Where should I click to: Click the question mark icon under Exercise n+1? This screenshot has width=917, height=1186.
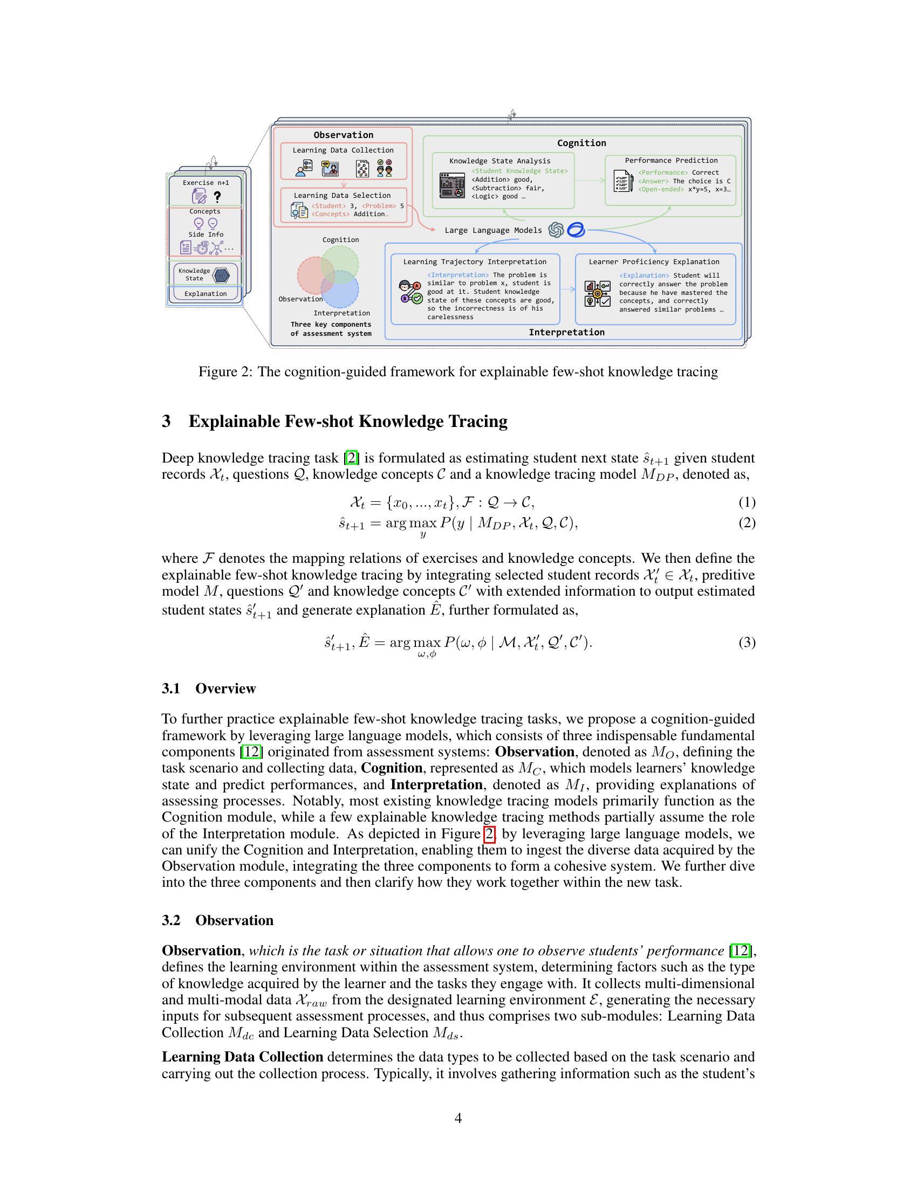coord(217,197)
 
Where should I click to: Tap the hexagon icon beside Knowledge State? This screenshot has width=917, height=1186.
coord(221,275)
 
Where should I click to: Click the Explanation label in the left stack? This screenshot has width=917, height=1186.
coord(206,294)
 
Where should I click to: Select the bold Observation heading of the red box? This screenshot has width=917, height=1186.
coord(343,135)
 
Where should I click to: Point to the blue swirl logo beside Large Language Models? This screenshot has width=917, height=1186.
coord(576,230)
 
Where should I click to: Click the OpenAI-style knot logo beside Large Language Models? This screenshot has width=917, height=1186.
coord(556,230)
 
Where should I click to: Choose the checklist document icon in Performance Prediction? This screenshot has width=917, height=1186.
coord(622,181)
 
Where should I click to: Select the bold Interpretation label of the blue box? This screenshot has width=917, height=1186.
coord(566,332)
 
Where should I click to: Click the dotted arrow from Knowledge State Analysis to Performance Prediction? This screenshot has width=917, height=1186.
coord(590,180)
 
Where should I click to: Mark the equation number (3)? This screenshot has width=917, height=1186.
coord(747,643)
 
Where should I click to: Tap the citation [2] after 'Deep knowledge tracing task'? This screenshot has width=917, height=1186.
coord(353,458)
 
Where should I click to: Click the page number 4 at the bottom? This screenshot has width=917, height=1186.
coord(458,1118)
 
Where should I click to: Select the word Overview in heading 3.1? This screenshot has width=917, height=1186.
coord(225,688)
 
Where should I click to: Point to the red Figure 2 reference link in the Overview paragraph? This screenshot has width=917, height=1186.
coord(488,833)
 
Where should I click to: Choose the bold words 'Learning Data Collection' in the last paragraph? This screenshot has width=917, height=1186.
coord(242,1057)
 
